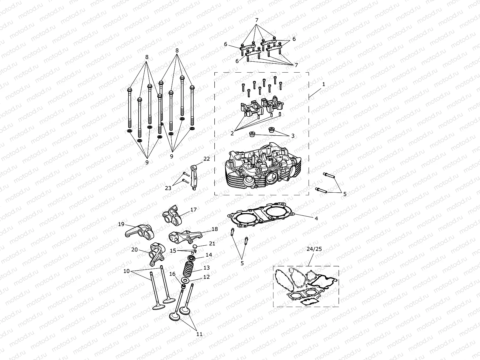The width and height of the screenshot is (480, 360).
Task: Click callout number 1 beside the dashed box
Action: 324,84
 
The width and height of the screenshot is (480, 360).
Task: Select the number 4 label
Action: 316,219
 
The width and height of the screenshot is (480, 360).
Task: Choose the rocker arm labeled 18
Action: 182,237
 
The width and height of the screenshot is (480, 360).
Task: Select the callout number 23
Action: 168,188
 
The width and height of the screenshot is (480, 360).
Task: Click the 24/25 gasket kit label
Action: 314,249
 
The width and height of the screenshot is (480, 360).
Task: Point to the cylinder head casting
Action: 262,170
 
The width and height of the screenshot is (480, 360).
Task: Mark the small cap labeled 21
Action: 195,246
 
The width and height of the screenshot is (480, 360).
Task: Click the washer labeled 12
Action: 185,280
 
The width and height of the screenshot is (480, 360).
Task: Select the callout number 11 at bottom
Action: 199,334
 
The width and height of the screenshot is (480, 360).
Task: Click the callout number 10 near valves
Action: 127,271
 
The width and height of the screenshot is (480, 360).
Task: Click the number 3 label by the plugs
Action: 293,136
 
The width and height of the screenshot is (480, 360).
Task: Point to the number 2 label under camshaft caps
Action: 232,133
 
